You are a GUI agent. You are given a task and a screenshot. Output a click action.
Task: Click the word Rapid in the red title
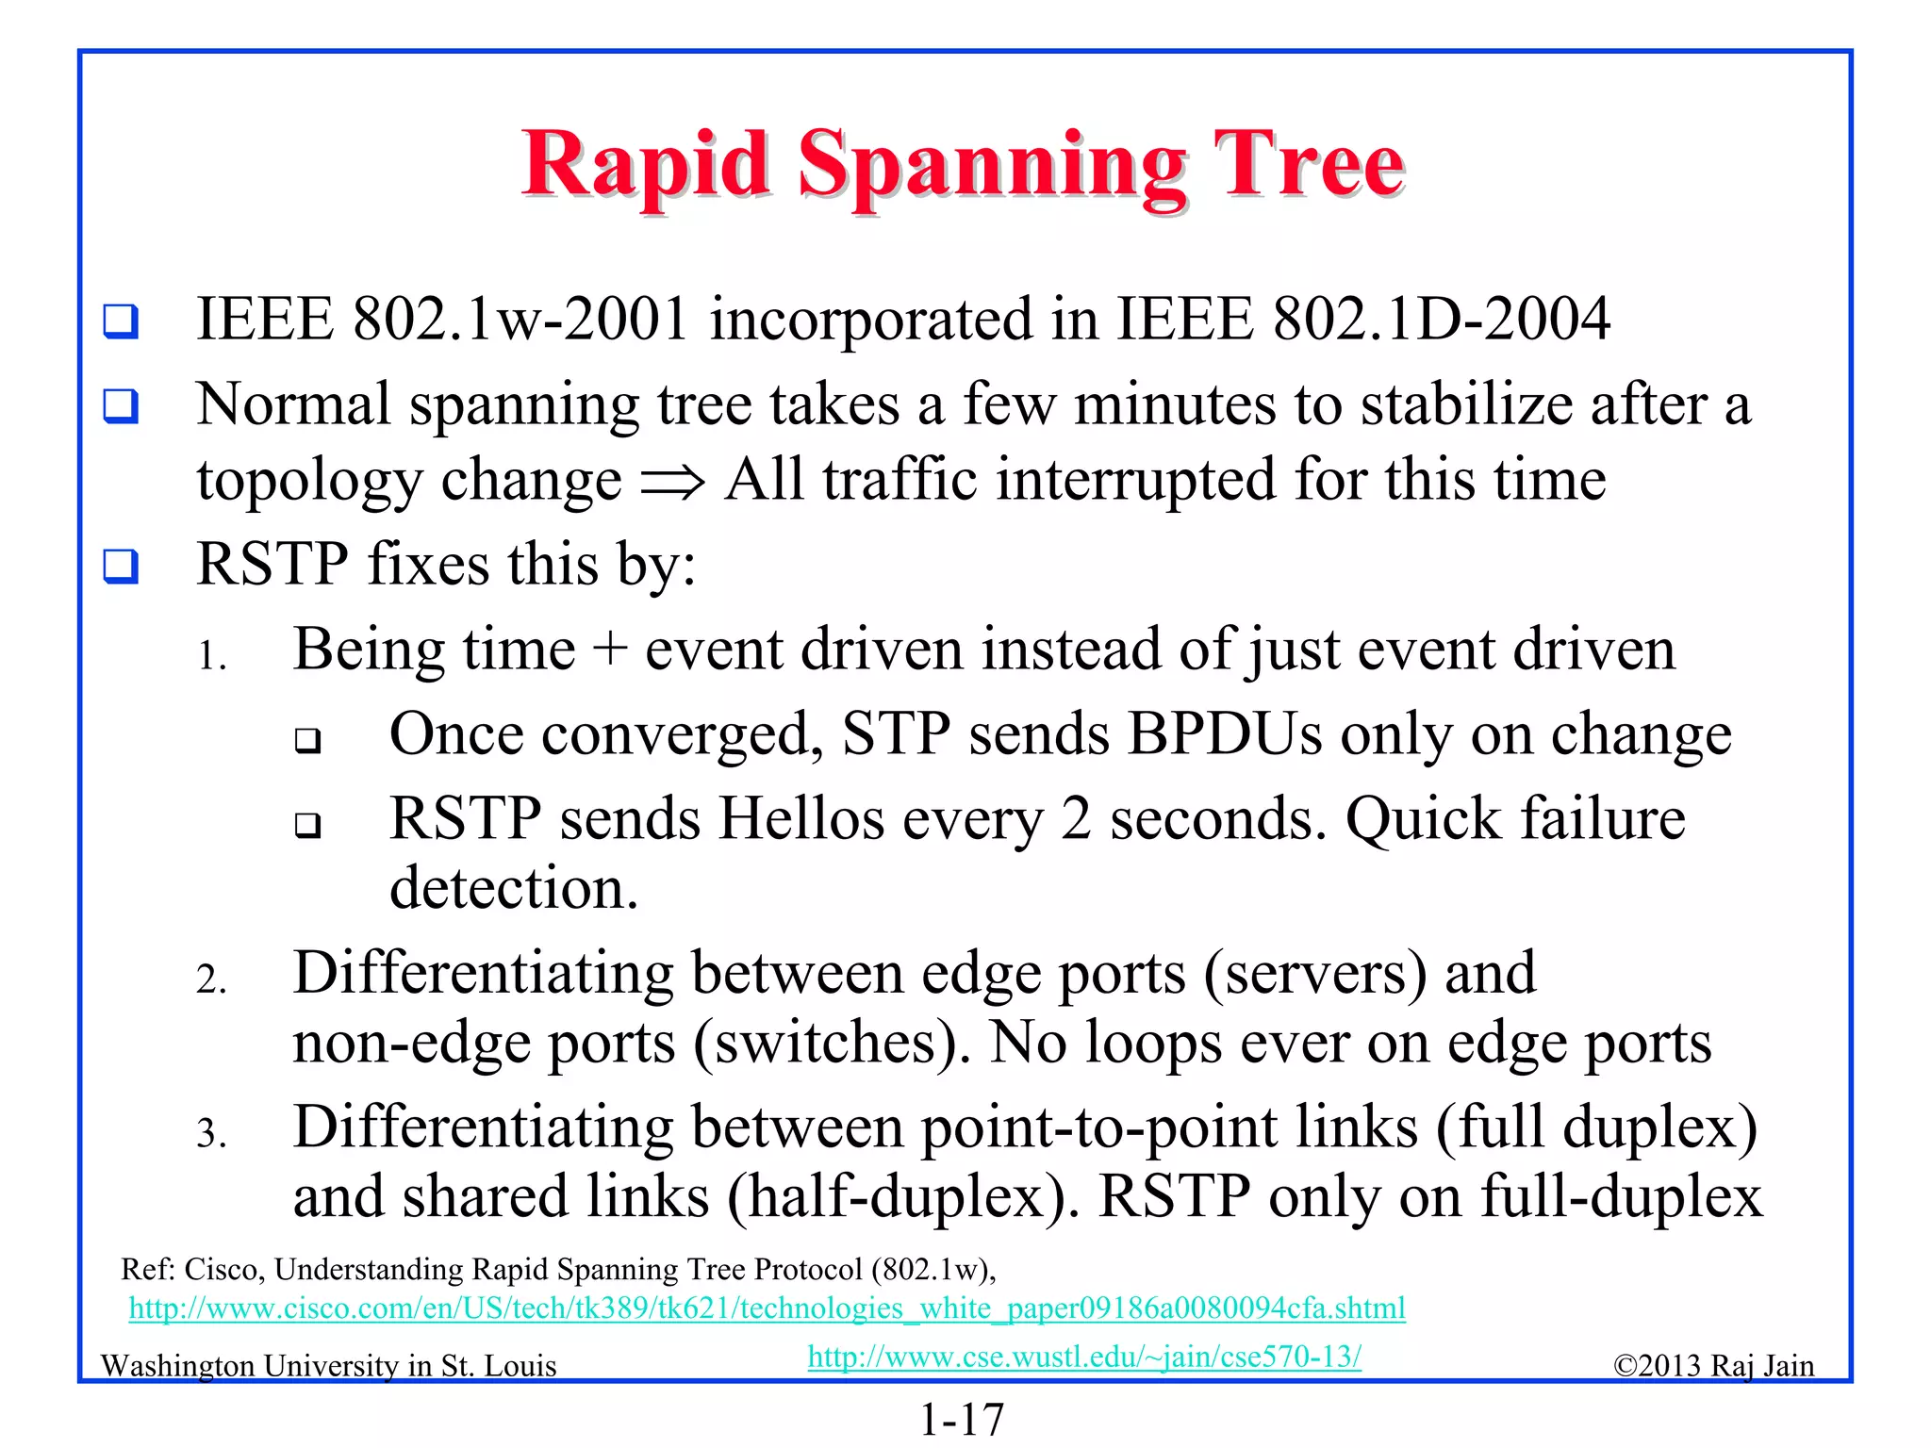(x=646, y=166)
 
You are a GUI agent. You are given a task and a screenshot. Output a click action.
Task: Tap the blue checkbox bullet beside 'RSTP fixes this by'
(x=121, y=567)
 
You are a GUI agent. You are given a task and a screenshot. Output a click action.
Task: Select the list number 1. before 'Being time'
(x=211, y=655)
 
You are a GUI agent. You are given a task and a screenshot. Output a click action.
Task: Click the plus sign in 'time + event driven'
(x=610, y=650)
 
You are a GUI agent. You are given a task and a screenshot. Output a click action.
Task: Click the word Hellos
(x=800, y=818)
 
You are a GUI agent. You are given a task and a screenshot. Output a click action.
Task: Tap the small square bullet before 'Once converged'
(x=307, y=740)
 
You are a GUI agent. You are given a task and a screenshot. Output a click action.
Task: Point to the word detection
(x=514, y=888)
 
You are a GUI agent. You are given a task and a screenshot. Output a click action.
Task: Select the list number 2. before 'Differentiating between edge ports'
(x=211, y=979)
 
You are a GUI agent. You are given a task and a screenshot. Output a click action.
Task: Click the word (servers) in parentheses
(x=1314, y=973)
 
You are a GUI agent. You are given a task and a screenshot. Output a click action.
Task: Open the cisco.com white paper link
(x=767, y=1308)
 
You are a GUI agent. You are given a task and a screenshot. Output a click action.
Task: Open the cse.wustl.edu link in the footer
(x=1084, y=1357)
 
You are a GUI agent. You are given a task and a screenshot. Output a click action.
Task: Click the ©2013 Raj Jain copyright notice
(x=1713, y=1366)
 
